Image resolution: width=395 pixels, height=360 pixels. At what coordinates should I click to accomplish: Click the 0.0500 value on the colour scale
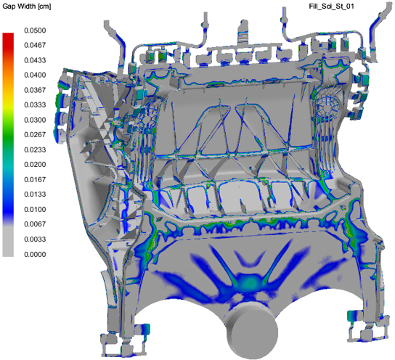(x=35, y=30)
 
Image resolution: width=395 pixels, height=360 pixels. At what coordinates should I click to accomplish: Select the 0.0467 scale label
(x=35, y=45)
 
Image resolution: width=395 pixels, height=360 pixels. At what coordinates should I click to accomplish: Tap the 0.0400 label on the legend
(x=35, y=75)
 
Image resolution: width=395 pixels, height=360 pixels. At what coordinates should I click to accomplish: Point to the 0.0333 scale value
(x=35, y=105)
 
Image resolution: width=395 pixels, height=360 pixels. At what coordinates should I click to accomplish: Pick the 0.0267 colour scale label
(x=35, y=135)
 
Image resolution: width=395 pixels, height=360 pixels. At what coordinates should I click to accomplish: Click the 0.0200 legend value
(x=35, y=164)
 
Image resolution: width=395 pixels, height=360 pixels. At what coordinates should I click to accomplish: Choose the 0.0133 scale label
(x=35, y=195)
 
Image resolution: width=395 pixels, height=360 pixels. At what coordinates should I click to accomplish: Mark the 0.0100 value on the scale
(x=35, y=209)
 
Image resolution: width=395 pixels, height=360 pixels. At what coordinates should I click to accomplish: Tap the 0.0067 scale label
(x=35, y=224)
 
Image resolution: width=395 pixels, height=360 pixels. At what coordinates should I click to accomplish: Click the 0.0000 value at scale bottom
(x=35, y=254)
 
